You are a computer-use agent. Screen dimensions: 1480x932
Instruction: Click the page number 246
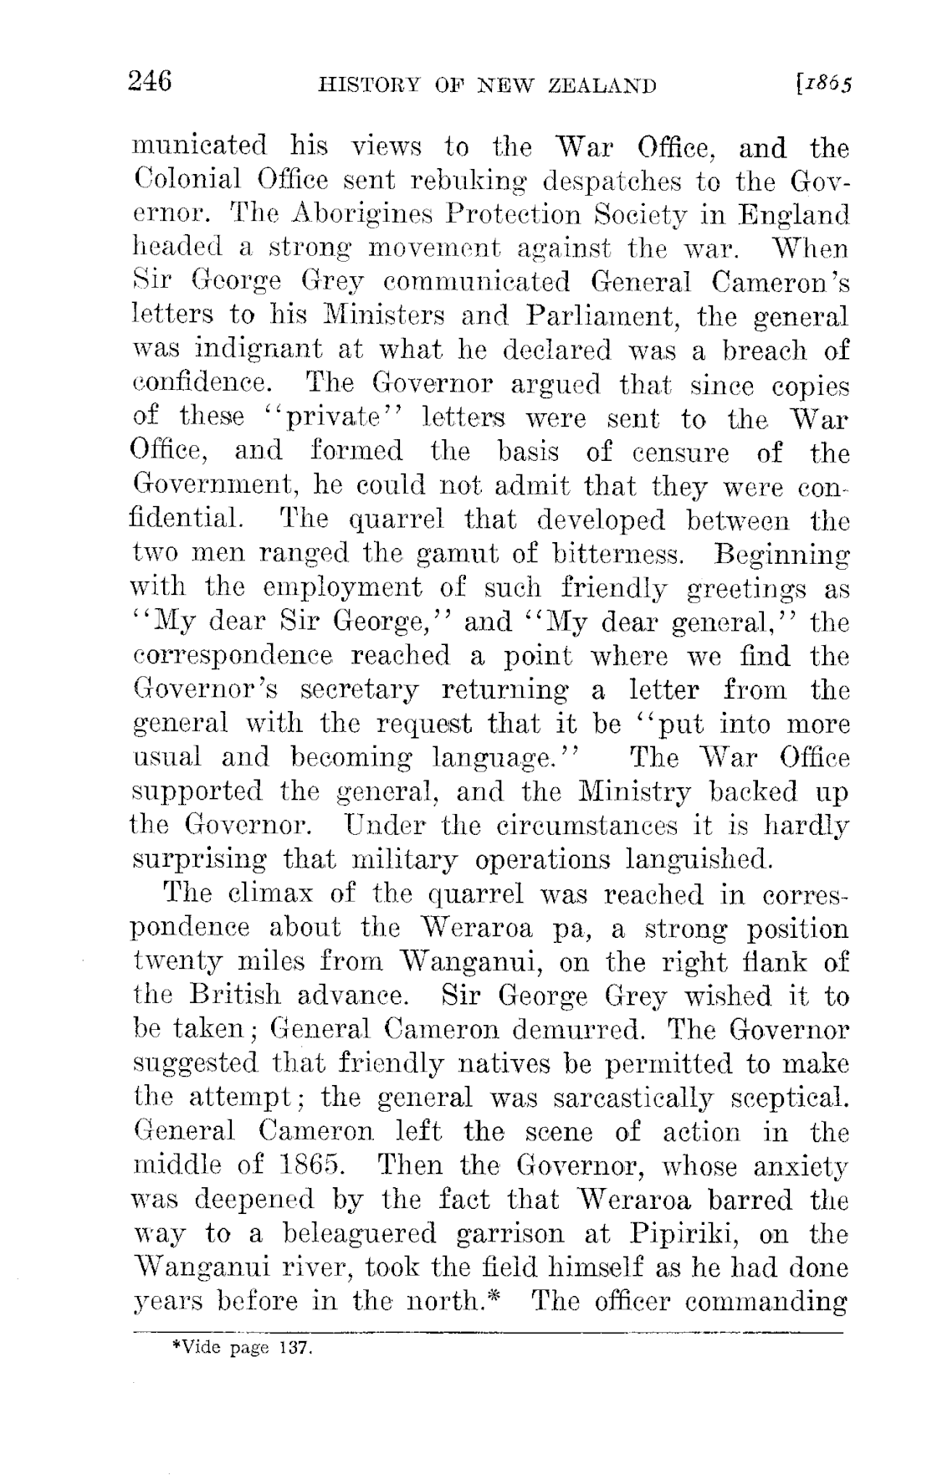150,82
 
